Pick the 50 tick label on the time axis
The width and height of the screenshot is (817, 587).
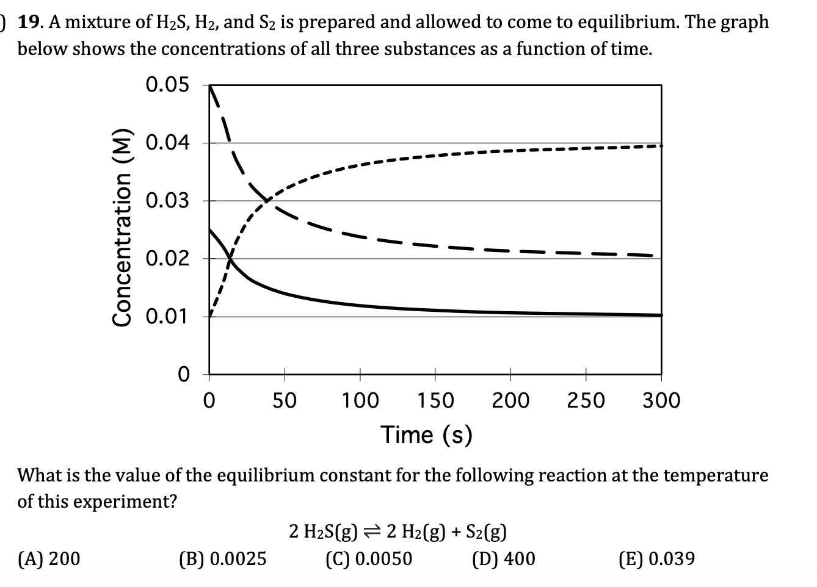click(284, 401)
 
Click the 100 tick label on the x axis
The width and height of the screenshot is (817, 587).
click(360, 401)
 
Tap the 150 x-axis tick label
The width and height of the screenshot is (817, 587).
click(435, 401)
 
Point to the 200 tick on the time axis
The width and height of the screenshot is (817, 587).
click(510, 401)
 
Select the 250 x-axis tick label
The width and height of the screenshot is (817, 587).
click(586, 401)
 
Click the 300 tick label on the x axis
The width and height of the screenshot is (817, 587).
click(661, 401)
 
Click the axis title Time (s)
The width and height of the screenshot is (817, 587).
click(427, 434)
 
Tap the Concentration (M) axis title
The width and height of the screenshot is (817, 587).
click(123, 228)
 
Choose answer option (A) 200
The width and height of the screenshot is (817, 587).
click(49, 558)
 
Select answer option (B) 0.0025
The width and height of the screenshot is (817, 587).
click(222, 558)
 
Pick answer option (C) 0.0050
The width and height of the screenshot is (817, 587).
click(369, 558)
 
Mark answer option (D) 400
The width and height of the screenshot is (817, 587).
click(504, 558)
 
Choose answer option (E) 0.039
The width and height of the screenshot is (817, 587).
click(656, 558)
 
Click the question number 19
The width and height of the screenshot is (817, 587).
click(30, 23)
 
